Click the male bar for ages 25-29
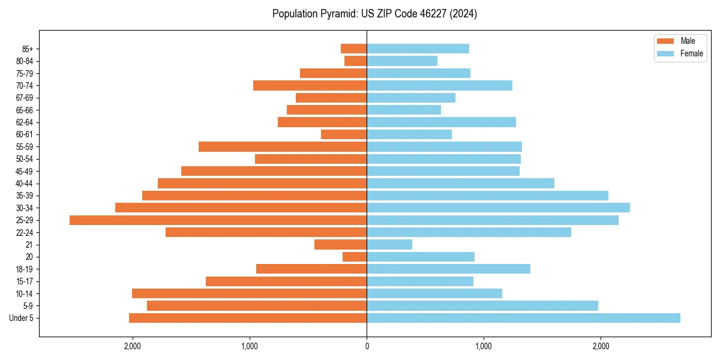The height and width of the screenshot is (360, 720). click(x=218, y=220)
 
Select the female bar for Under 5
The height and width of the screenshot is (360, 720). click(x=523, y=318)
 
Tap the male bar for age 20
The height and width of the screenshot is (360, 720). click(x=355, y=257)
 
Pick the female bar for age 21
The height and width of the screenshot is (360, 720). click(x=389, y=245)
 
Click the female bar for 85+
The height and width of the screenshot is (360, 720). click(x=418, y=49)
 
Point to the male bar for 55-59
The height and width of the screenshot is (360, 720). click(x=283, y=147)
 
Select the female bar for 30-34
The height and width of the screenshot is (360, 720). click(x=498, y=208)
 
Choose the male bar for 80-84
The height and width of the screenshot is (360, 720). click(x=355, y=61)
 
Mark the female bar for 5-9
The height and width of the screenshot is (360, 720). click(x=482, y=306)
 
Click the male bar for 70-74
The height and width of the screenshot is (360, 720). click(x=310, y=86)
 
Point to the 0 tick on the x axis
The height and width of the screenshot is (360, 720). click(x=367, y=346)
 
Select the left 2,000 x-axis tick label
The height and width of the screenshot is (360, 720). click(x=132, y=346)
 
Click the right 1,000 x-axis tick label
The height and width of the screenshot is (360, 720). click(x=484, y=346)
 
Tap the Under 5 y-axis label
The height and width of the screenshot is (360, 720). click(x=22, y=318)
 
